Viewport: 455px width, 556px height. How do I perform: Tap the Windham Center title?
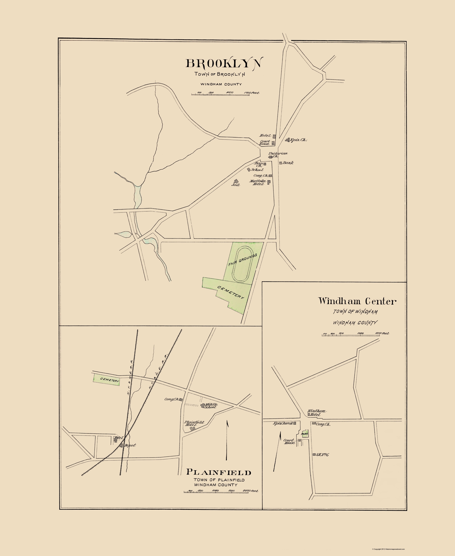[x=357, y=301]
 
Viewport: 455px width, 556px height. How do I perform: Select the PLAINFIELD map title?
[x=219, y=472]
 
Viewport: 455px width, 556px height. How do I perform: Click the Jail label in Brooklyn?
[x=235, y=185]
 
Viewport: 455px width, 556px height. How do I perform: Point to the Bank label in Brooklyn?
[x=288, y=163]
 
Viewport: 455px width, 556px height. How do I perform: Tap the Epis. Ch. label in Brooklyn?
[x=298, y=140]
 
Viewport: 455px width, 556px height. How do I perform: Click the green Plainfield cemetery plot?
[x=106, y=380]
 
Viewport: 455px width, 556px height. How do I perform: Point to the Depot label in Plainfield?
[x=130, y=445]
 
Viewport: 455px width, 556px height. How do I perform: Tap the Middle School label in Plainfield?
[x=211, y=406]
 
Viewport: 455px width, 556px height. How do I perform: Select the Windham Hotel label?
[x=317, y=413]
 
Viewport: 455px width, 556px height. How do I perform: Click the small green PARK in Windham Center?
[x=305, y=434]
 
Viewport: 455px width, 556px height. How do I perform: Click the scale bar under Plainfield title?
[x=216, y=492]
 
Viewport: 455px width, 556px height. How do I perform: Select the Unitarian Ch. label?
[x=278, y=154]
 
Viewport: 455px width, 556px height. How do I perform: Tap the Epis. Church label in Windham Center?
[x=283, y=423]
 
